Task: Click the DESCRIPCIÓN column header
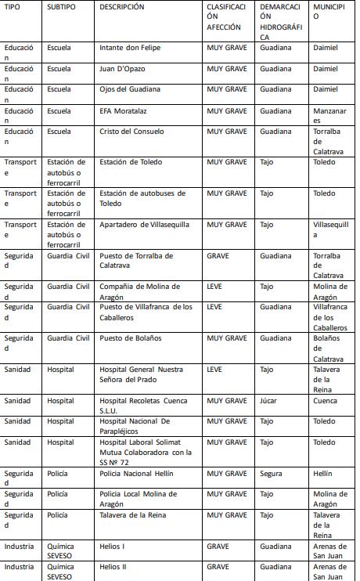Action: [122, 7]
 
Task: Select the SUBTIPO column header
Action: [62, 7]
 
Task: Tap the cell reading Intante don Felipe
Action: [129, 48]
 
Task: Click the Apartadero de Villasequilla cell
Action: [145, 225]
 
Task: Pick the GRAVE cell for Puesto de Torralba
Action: [218, 256]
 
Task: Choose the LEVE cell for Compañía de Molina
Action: [214, 287]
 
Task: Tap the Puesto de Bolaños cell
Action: [131, 338]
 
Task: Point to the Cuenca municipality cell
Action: [325, 400]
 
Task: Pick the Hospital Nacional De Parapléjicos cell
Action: [132, 426]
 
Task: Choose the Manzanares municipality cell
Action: [329, 116]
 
